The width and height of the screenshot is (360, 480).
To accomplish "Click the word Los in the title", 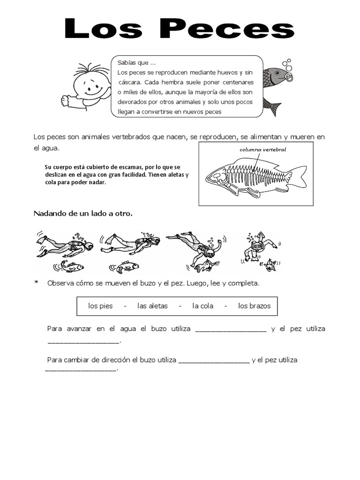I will (103, 29).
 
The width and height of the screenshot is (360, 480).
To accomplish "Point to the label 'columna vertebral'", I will (262, 150).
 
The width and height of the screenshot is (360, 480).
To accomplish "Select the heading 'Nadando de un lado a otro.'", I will (83, 214).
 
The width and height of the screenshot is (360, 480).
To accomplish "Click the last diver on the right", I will (258, 246).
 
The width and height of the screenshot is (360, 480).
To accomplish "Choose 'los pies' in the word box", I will (100, 306).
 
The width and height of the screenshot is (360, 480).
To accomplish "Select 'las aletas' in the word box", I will (152, 306).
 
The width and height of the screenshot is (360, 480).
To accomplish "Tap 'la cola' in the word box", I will (202, 306).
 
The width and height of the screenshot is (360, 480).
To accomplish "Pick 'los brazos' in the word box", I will (254, 306).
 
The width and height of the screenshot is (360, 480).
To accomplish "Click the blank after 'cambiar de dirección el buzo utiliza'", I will (214, 361).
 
